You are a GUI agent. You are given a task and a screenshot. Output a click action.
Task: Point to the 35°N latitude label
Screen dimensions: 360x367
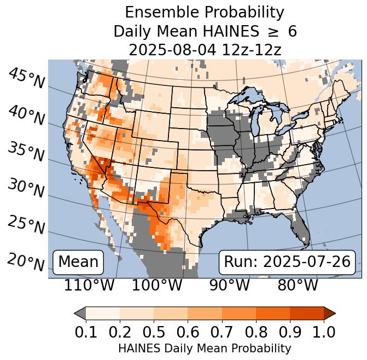click(x=26, y=152)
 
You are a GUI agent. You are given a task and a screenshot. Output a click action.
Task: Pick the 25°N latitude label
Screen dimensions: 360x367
click(x=26, y=225)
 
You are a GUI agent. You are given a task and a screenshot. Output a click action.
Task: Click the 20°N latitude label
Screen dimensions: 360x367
click(x=26, y=262)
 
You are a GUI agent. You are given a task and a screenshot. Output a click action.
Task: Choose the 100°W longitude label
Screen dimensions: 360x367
click(x=157, y=285)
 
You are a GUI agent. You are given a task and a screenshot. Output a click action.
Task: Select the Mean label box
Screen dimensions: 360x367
click(x=78, y=262)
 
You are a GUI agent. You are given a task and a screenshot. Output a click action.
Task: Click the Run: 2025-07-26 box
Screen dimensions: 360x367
click(x=287, y=262)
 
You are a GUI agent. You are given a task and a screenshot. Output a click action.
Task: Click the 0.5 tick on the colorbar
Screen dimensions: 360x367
click(x=154, y=332)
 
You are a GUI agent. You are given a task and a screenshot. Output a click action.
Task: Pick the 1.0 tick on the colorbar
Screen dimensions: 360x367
click(x=323, y=332)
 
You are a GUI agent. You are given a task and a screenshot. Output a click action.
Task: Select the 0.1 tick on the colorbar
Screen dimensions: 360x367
click(x=86, y=332)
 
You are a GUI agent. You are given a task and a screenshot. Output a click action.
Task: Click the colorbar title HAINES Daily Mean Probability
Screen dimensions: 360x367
click(x=205, y=348)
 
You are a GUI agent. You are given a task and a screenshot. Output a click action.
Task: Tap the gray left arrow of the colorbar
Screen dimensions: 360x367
click(x=80, y=313)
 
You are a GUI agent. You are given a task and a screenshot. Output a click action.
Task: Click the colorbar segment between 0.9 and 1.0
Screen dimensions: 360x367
click(x=306, y=313)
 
